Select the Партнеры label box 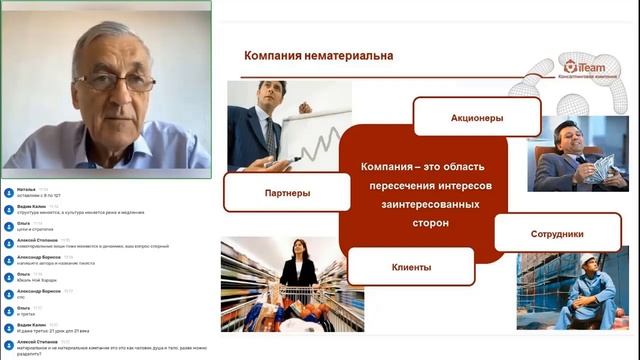click(x=273, y=192)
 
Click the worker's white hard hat click(x=589, y=262)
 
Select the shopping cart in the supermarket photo click(x=300, y=299)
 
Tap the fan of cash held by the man click(x=601, y=168)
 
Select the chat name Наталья click(x=26, y=188)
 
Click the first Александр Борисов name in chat click(x=38, y=256)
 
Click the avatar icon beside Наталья click(x=8, y=190)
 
